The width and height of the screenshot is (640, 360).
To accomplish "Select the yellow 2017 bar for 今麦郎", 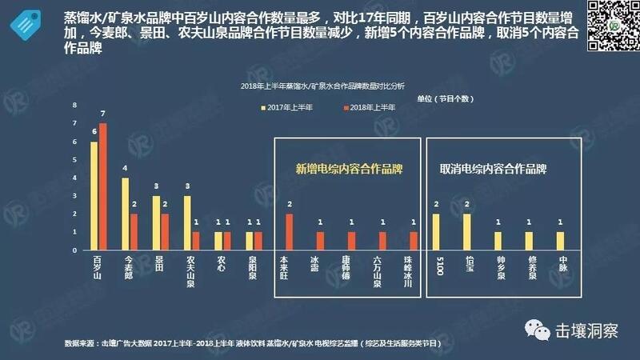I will coord(124,214).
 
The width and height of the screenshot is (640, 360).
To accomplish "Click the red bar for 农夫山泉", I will coord(196,242).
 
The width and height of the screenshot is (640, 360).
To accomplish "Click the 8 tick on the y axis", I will coord(74,105).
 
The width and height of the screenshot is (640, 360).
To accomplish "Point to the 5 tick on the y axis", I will coord(74,160).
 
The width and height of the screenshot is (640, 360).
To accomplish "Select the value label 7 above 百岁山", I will coord(103,114).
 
